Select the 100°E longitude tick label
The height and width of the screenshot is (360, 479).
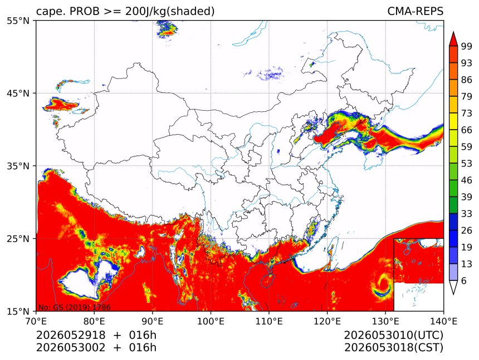pyautogui.click(x=211, y=321)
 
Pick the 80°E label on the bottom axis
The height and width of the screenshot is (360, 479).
pyautogui.click(x=94, y=321)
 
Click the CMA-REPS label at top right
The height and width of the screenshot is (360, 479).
pyautogui.click(x=415, y=11)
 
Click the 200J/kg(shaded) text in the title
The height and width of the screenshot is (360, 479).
pyautogui.click(x=170, y=12)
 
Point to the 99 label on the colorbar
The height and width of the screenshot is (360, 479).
pyautogui.click(x=467, y=46)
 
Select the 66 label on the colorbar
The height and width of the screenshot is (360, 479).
pyautogui.click(x=467, y=130)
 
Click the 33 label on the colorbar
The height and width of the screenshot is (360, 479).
pyautogui.click(x=467, y=214)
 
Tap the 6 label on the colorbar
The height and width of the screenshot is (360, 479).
pyautogui.click(x=464, y=280)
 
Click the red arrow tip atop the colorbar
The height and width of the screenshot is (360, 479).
pyautogui.click(x=453, y=32)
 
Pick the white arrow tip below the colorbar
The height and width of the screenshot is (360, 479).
pyautogui.click(x=453, y=293)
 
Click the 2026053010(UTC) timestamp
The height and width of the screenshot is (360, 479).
pyautogui.click(x=393, y=335)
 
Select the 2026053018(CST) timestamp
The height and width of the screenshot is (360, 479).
pyautogui.click(x=393, y=348)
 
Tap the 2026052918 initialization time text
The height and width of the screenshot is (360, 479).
pyautogui.click(x=71, y=335)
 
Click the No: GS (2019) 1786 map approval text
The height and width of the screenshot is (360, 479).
pyautogui.click(x=74, y=307)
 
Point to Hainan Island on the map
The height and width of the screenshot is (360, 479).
pyautogui.click(x=267, y=280)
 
